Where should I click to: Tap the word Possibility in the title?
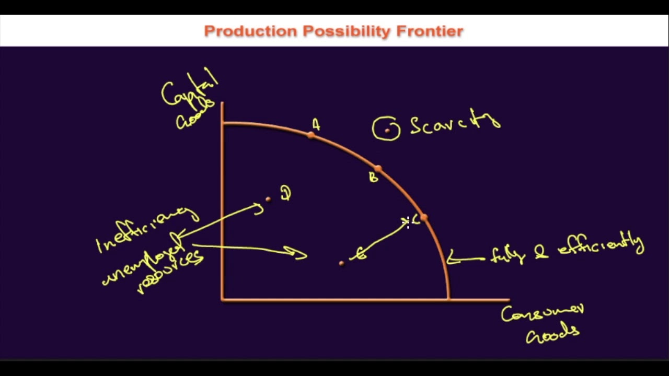click(x=347, y=31)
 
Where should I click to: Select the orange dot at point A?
click(x=312, y=135)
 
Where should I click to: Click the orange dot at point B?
click(x=378, y=169)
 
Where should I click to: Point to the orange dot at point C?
click(x=424, y=217)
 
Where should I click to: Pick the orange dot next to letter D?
click(x=268, y=199)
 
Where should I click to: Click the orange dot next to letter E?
click(x=341, y=263)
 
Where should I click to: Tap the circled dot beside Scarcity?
click(x=387, y=130)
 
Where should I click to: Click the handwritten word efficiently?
click(x=601, y=245)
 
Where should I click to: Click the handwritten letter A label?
click(x=316, y=124)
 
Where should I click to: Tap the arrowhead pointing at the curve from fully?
click(x=451, y=258)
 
